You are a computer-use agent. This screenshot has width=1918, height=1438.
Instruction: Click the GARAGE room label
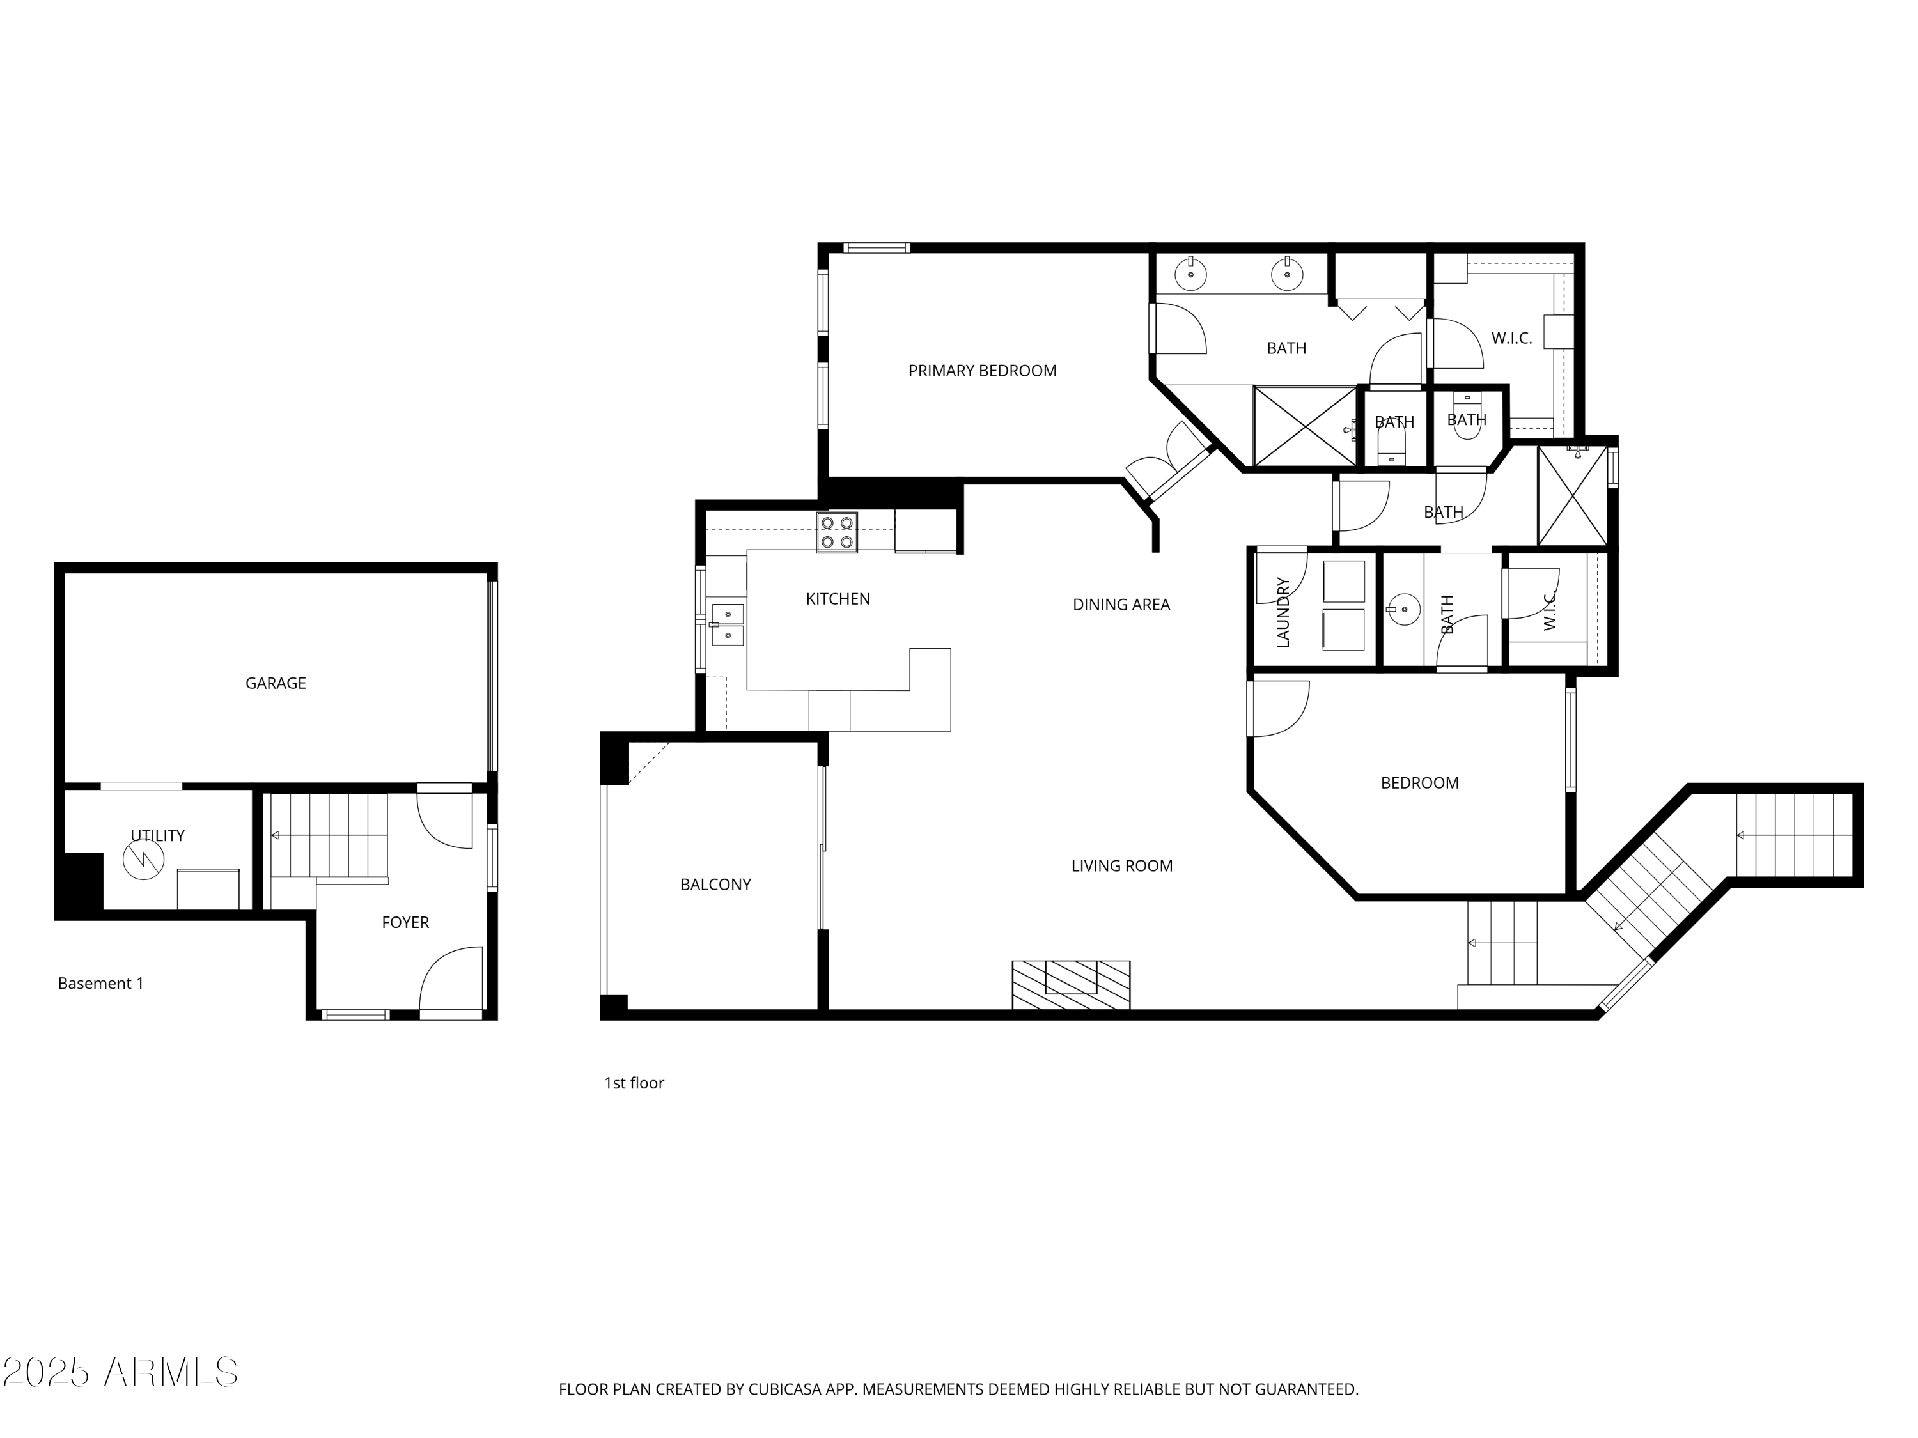tap(275, 683)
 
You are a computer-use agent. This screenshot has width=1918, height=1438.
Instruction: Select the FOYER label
tap(405, 922)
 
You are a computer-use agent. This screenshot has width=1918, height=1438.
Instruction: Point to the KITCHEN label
tap(838, 599)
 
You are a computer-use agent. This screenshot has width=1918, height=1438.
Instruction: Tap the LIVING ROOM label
tap(1121, 866)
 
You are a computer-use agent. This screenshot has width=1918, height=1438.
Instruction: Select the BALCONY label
tap(715, 885)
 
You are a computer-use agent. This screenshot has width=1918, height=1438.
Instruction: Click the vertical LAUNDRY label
tap(1283, 612)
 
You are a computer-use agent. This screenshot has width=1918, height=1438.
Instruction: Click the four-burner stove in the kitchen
tap(837, 532)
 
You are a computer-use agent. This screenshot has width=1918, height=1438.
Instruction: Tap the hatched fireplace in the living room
tap(1070, 985)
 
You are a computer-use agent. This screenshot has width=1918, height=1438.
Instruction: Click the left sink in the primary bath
tap(1190, 275)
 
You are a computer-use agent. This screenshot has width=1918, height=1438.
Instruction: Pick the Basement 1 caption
tap(100, 983)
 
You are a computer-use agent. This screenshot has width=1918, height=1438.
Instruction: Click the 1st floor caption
tap(634, 1083)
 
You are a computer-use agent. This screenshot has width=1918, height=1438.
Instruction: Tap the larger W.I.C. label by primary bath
tap(1511, 339)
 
